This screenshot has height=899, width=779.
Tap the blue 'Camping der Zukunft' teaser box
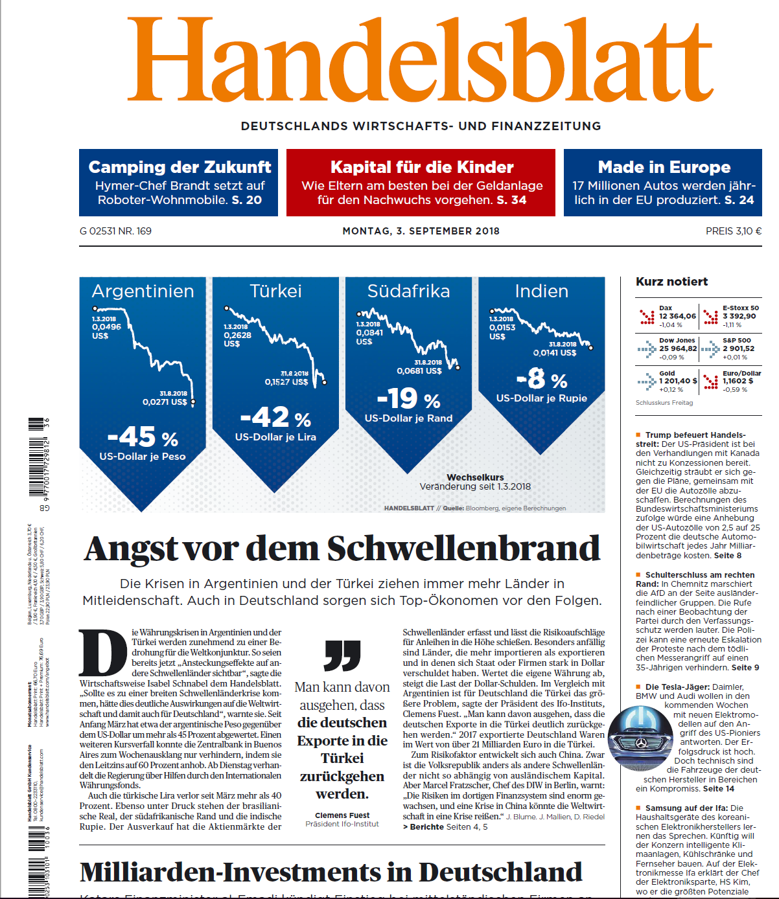(178, 183)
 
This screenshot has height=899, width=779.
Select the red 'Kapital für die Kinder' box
(421, 183)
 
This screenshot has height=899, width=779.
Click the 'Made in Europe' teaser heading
(664, 167)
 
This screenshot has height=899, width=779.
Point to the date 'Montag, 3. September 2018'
(421, 231)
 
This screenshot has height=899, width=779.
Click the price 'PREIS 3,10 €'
(733, 231)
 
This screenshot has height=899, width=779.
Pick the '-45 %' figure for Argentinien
(143, 437)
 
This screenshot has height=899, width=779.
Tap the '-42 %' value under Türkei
(275, 417)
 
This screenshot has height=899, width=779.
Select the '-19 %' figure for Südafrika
(408, 398)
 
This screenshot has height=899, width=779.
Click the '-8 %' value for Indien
(542, 378)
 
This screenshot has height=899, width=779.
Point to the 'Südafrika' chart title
(408, 291)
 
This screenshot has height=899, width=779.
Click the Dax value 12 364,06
(677, 316)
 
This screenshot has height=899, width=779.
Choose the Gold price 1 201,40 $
(678, 381)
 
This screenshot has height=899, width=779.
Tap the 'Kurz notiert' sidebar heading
(671, 282)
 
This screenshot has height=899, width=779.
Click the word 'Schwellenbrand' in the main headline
(463, 549)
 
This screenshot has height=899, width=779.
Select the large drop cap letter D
(102, 653)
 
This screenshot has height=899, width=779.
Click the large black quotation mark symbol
(342, 655)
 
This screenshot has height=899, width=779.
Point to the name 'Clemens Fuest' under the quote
(342, 815)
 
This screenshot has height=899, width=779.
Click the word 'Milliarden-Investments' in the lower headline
(246, 872)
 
